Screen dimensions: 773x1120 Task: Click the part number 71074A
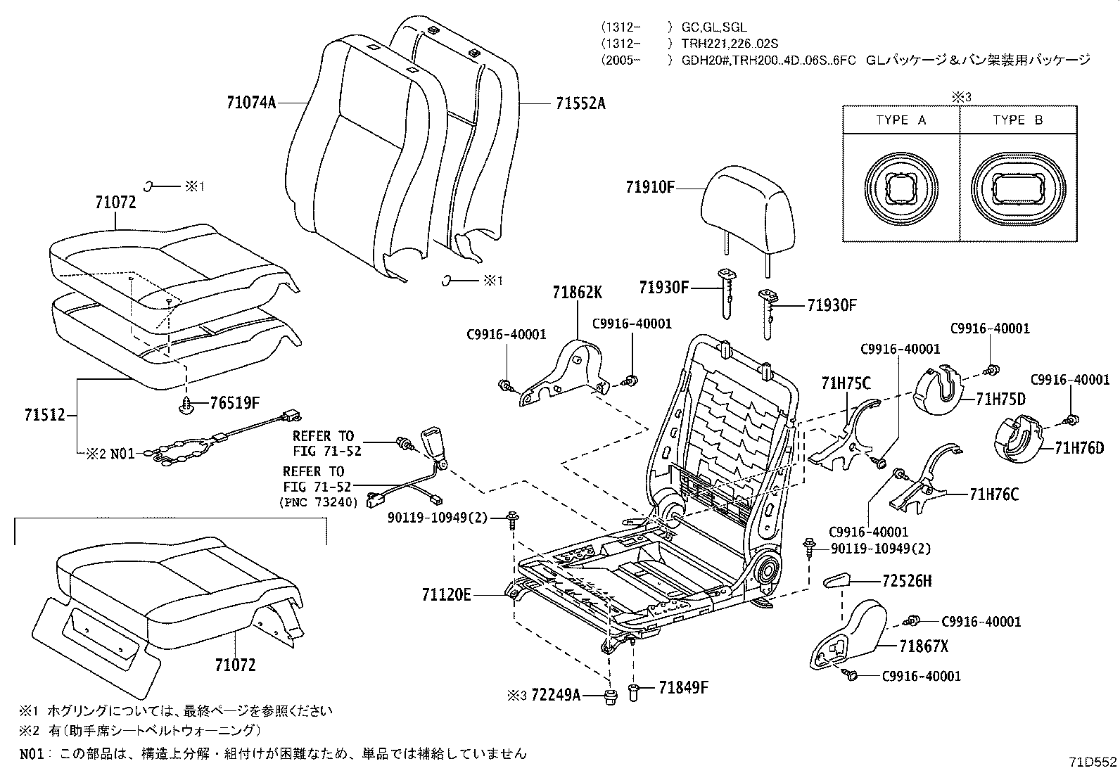(x=250, y=103)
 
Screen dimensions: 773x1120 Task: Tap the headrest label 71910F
(x=650, y=188)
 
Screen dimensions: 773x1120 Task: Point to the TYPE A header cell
(x=901, y=120)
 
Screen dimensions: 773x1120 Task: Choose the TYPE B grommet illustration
(x=1018, y=190)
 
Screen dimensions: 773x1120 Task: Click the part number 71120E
(x=446, y=595)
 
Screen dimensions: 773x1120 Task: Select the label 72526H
(x=907, y=581)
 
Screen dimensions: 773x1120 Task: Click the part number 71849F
(x=683, y=687)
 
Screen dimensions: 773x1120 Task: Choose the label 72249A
(x=556, y=696)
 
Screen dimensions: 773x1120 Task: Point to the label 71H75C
(x=846, y=383)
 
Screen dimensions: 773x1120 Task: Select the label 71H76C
(x=993, y=494)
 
